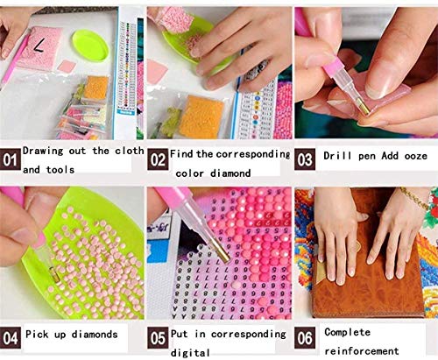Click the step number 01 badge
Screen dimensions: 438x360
[11, 159]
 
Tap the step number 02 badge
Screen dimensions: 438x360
[158, 159]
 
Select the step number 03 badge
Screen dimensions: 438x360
[305, 159]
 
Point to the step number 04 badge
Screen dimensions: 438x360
[11, 338]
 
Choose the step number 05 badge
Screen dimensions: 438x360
[158, 338]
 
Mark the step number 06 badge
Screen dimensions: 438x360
[305, 338]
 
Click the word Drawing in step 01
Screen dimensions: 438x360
[43, 152]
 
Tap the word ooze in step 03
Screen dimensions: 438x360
[416, 156]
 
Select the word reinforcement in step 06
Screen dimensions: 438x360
[362, 350]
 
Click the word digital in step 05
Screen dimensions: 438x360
[190, 353]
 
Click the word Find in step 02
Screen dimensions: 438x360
[182, 153]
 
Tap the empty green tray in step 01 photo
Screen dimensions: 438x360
[90, 46]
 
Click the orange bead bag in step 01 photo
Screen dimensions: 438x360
[96, 87]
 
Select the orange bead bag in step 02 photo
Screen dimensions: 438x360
[201, 116]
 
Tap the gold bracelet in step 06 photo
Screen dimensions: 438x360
[414, 197]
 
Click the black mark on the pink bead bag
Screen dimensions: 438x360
[39, 46]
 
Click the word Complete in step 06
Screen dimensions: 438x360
[347, 332]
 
